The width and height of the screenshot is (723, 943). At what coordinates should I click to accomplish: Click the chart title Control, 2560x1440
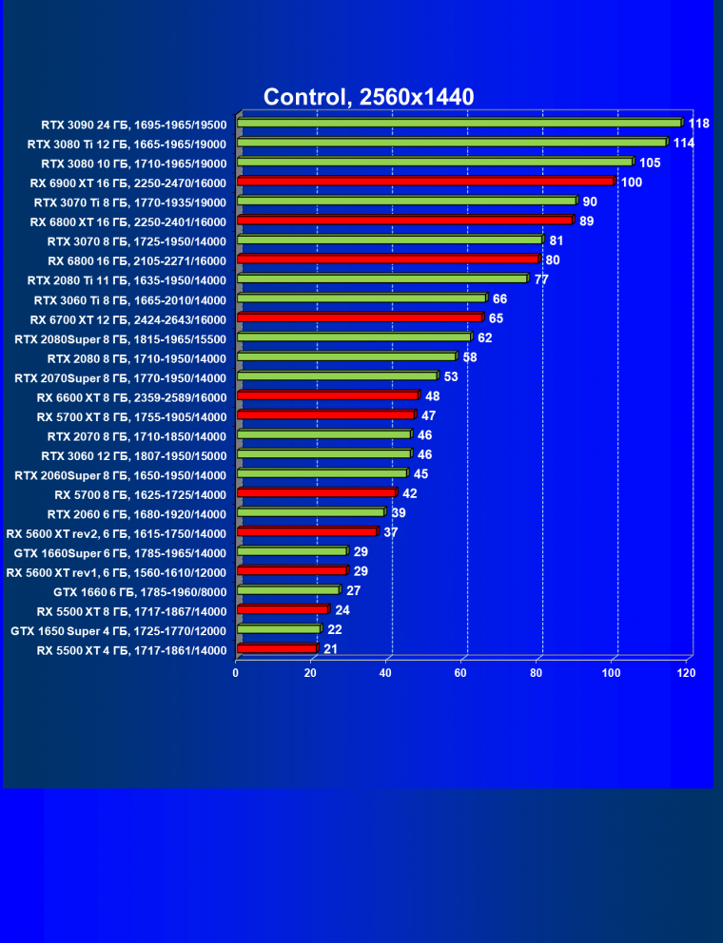coord(368,96)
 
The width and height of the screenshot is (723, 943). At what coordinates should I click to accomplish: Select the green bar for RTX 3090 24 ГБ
coord(459,123)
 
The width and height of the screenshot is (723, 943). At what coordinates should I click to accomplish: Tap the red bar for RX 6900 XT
coord(425,181)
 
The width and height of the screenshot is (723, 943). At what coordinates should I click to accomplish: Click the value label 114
coord(684,143)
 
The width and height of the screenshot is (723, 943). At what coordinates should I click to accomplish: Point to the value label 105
coord(650,163)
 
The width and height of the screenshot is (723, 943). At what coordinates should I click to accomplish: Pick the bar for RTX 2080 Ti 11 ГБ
coord(381,279)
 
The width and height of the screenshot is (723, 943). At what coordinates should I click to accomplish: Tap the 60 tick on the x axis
coord(460,673)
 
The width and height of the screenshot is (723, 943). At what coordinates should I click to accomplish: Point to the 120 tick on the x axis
coord(686,673)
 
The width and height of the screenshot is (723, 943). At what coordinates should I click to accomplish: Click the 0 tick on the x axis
coord(236,673)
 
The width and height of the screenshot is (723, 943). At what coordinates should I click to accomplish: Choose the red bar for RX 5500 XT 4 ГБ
coord(276,648)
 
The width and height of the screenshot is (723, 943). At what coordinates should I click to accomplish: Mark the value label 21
coord(330,649)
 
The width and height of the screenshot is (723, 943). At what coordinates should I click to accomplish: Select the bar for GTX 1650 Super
coord(278,629)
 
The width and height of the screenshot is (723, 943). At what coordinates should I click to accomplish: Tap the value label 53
coord(451,377)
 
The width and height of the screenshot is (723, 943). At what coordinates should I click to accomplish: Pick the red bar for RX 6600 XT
coord(327,395)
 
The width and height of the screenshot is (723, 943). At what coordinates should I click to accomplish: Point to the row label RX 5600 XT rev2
coord(116,533)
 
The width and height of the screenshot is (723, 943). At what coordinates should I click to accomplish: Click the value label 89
coord(586,221)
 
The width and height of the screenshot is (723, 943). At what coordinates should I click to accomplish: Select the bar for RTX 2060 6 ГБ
coord(310,512)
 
